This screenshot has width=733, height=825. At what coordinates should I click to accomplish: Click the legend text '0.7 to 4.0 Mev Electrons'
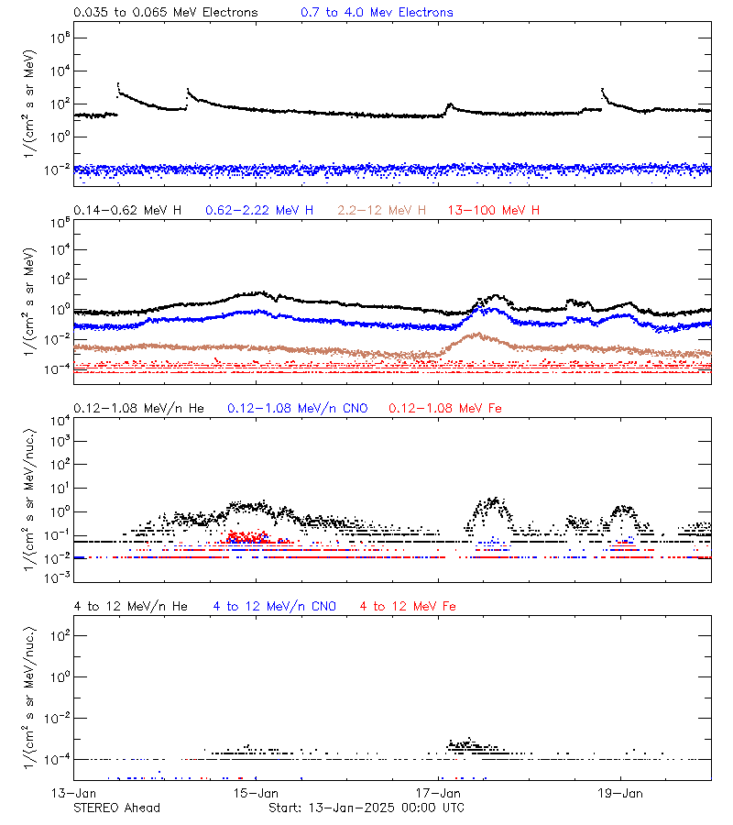[x=377, y=13]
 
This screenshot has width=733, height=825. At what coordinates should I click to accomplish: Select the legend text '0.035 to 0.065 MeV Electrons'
[x=166, y=13]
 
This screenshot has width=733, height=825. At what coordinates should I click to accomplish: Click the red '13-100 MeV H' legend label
[x=494, y=210]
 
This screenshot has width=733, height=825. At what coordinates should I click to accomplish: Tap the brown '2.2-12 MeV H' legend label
[x=382, y=210]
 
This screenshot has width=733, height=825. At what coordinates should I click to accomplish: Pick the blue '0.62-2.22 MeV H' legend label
[x=264, y=210]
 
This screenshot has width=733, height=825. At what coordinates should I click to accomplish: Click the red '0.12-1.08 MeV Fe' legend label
[x=445, y=408]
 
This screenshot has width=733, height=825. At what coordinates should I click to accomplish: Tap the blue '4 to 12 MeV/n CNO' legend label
[x=275, y=606]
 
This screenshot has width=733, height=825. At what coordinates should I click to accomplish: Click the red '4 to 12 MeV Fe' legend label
[x=408, y=606]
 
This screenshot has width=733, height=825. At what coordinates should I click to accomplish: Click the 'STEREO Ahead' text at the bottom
[x=116, y=808]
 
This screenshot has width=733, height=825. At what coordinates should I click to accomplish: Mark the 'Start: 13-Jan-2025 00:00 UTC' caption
[x=366, y=808]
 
